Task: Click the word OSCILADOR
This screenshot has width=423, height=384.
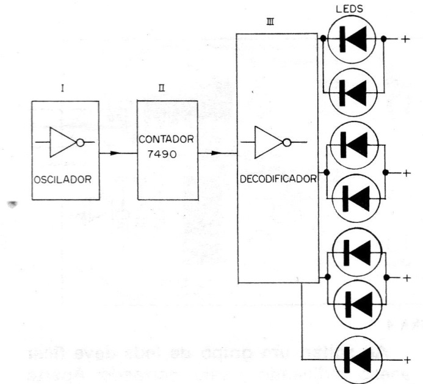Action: [x=63, y=179]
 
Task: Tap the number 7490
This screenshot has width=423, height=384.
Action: [x=161, y=154]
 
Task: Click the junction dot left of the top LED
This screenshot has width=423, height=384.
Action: [x=322, y=39]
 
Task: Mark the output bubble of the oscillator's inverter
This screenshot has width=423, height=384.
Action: [x=79, y=142]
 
